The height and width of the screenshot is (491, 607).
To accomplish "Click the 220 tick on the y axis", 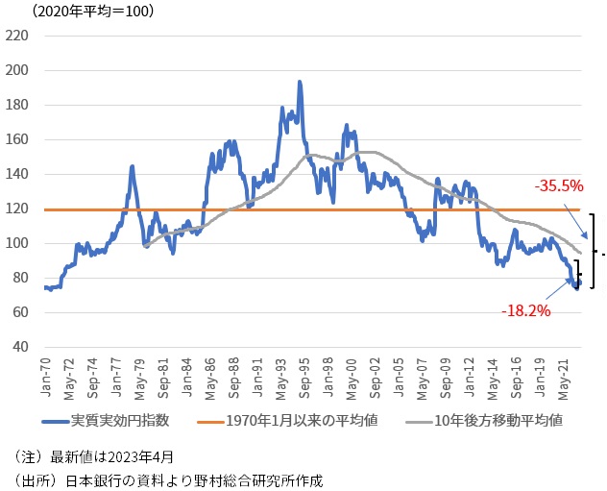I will [x=18, y=37].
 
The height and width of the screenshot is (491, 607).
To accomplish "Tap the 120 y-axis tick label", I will [x=18, y=209].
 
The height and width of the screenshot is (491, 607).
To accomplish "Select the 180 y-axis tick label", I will [x=18, y=106].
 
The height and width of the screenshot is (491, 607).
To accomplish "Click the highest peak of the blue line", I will [x=300, y=83].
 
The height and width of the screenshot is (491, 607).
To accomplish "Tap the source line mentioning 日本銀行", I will [x=169, y=479].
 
